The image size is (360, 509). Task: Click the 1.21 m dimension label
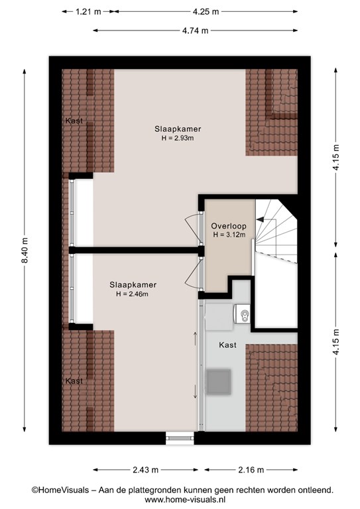[88, 12]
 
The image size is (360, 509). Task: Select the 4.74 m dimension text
[195, 30]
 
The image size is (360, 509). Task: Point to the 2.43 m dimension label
[145, 470]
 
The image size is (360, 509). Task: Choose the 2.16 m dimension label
[251, 470]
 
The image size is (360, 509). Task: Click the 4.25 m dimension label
[206, 12]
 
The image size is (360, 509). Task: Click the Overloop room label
[229, 226]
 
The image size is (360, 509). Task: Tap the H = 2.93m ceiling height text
[178, 138]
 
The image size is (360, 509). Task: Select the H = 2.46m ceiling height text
[133, 294]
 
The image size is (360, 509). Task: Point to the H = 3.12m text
[229, 235]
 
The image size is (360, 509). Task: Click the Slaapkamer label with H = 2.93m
[178, 129]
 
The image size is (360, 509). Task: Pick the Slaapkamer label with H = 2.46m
[133, 285]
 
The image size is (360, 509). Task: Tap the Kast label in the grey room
[227, 345]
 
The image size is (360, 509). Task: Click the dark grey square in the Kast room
[219, 382]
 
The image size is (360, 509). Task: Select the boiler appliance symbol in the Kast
[242, 314]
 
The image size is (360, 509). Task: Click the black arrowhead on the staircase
[260, 220]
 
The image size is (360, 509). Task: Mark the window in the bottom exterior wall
[180, 438]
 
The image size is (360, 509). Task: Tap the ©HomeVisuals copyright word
[60, 490]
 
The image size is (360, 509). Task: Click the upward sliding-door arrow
[195, 339]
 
